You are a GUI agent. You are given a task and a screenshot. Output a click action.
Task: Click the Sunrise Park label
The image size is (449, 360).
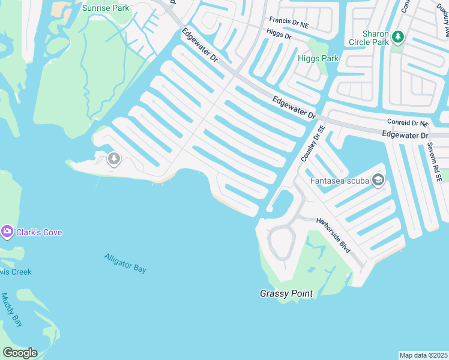(106, 8)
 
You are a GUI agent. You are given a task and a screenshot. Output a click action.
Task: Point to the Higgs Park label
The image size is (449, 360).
(318, 59)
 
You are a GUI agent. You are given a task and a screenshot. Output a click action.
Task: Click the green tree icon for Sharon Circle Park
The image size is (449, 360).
(397, 38)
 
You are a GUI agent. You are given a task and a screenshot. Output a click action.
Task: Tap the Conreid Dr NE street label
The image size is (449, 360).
(408, 123)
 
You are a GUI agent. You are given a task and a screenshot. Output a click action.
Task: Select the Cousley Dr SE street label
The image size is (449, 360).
(312, 143)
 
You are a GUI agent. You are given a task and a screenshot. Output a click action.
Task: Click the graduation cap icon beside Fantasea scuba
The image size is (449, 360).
(378, 179)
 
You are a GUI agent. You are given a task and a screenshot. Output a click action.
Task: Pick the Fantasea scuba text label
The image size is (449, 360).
(339, 180)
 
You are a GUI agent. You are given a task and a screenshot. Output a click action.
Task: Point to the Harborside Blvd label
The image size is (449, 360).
(333, 235)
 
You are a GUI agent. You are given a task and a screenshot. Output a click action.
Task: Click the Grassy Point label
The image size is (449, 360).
(286, 293)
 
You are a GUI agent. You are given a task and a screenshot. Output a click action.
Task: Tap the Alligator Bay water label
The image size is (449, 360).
(125, 263)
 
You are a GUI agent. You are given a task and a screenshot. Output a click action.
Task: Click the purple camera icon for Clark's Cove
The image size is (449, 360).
(7, 232)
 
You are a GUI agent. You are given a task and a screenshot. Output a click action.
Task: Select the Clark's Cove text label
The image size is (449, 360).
(39, 232)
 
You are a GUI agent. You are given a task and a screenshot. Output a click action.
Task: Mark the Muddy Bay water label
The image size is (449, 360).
(12, 310)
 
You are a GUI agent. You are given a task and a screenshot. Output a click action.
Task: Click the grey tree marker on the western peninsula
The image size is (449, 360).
(113, 159)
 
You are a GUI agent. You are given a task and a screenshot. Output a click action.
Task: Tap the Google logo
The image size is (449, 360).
(20, 352)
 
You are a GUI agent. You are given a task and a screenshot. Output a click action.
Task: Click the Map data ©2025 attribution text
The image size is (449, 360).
(423, 355)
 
